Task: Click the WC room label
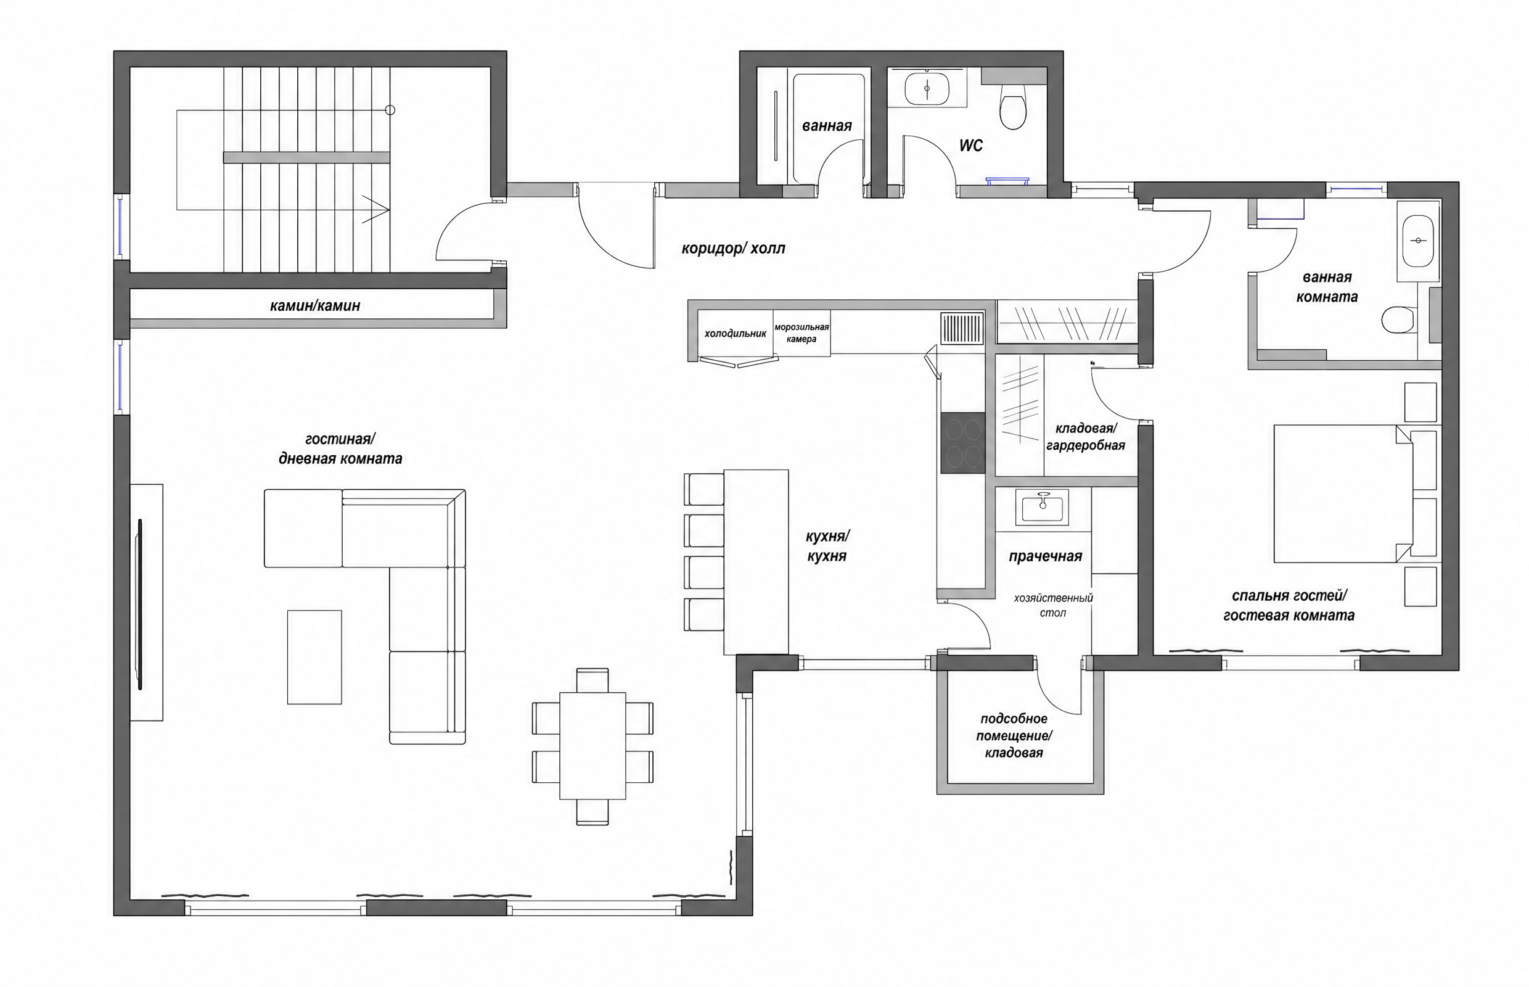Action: tap(970, 146)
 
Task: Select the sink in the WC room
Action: tap(927, 88)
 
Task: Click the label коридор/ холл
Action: tap(733, 248)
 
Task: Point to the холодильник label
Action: tap(736, 333)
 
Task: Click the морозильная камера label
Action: tap(801, 333)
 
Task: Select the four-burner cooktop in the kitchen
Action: tap(962, 442)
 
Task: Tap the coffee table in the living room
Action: tap(314, 657)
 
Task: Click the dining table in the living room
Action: tap(592, 745)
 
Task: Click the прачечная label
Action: tap(1046, 556)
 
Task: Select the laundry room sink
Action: tap(1042, 508)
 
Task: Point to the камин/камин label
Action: tap(315, 306)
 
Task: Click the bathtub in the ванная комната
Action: tap(1418, 241)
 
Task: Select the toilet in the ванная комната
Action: tap(1398, 320)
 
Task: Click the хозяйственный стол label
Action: tap(1053, 605)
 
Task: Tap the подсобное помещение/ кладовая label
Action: tap(1014, 736)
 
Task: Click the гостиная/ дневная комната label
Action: tap(340, 448)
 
